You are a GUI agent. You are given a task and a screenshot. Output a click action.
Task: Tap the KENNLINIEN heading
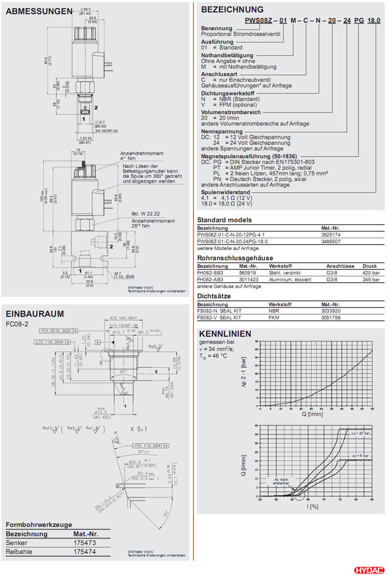(x=224, y=333)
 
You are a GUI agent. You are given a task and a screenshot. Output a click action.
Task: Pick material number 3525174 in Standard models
(x=332, y=234)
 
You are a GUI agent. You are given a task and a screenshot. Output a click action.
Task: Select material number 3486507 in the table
(x=332, y=241)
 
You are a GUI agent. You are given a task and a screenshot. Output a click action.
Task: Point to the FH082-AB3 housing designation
(x=212, y=279)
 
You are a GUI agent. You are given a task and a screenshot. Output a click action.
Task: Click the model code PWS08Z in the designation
(x=258, y=20)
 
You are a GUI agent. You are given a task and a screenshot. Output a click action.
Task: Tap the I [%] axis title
(x=313, y=506)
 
